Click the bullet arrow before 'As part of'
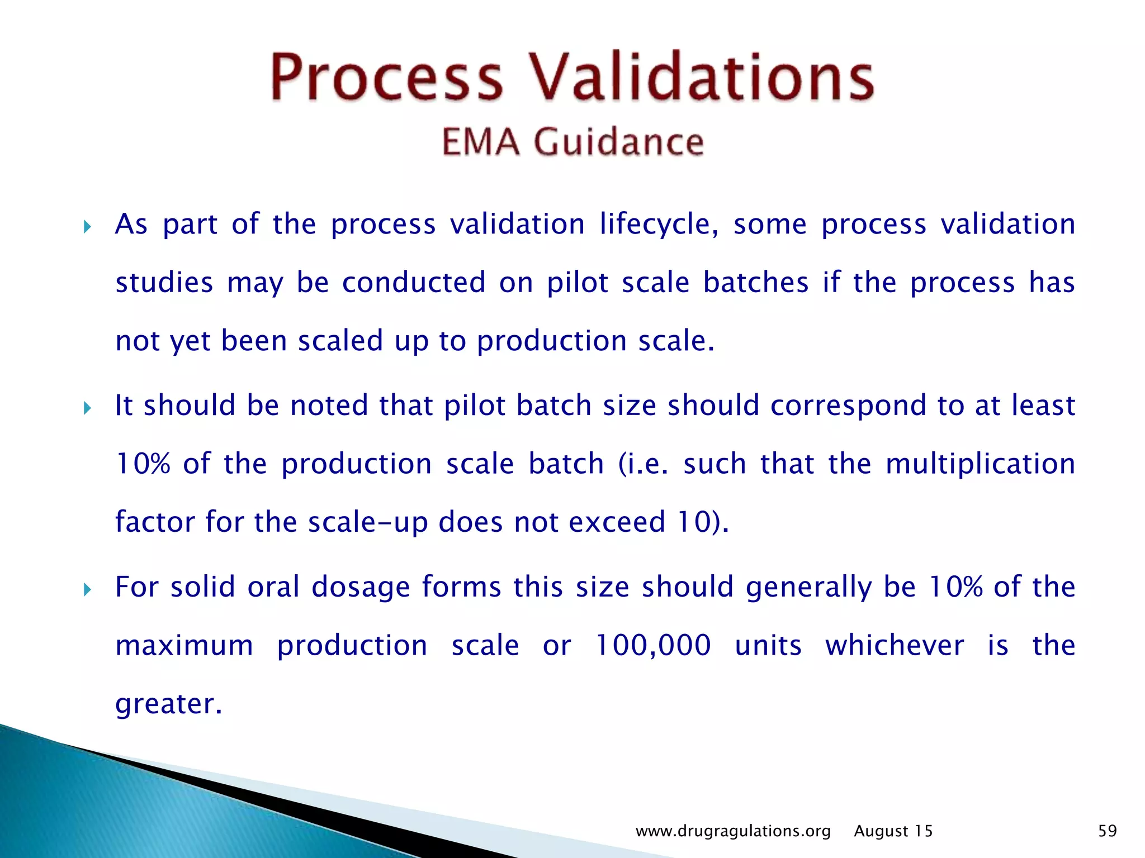point(87,227)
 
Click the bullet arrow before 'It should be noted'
point(87,408)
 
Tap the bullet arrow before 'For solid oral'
point(87,589)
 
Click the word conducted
point(414,282)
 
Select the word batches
point(755,282)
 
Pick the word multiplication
point(980,464)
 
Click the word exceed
point(617,522)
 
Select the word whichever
point(895,645)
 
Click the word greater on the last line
point(168,704)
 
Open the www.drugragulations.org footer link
point(733,831)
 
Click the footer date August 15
point(893,831)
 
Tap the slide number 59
point(1107,831)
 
